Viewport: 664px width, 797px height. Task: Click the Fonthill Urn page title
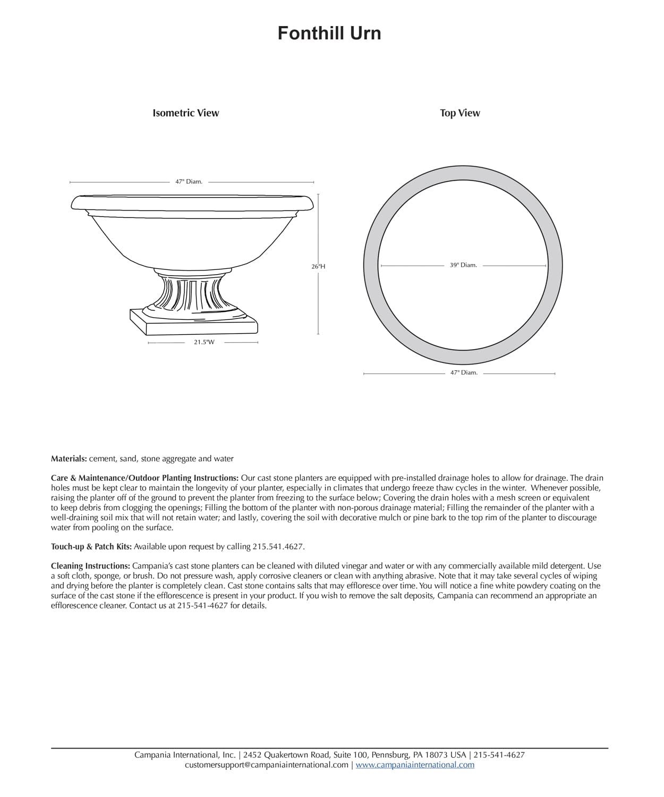[x=329, y=33]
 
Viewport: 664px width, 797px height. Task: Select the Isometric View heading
[x=185, y=113]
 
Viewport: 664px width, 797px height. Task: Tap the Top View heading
[x=459, y=113]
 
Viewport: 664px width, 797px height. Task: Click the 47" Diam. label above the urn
[x=189, y=182]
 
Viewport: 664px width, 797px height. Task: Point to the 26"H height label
[x=318, y=266]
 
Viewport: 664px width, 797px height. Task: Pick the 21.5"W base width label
[x=204, y=342]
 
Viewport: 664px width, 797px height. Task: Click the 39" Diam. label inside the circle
[x=463, y=265]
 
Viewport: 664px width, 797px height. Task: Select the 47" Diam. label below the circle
[x=464, y=372]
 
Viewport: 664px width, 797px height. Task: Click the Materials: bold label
[x=69, y=459]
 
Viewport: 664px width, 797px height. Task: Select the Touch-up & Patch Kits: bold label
[x=91, y=546]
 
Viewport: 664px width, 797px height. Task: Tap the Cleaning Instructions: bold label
[x=90, y=566]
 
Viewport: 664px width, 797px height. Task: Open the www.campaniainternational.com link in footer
[x=415, y=765]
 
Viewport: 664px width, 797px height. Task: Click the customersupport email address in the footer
[x=267, y=765]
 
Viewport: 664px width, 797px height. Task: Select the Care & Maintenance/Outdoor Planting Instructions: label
[x=144, y=478]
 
